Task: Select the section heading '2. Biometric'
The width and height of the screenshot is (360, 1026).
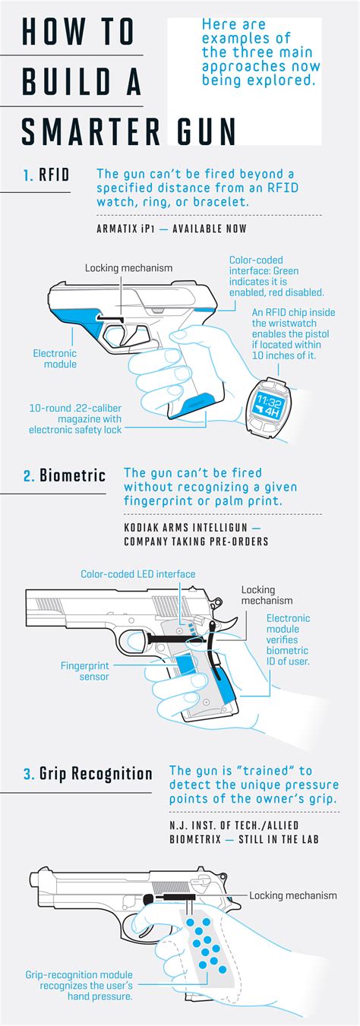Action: click(x=64, y=476)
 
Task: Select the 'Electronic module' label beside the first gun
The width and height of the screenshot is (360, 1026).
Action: click(x=55, y=358)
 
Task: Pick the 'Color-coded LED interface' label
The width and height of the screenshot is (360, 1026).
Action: click(x=137, y=574)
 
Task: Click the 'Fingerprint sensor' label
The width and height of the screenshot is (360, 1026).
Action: click(x=85, y=671)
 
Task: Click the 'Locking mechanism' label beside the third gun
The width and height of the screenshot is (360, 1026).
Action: click(x=292, y=895)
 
